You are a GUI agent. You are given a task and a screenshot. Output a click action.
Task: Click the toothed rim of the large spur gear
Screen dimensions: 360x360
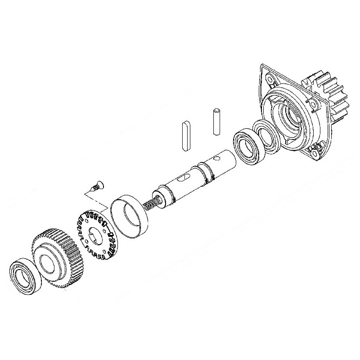click(49, 238)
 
